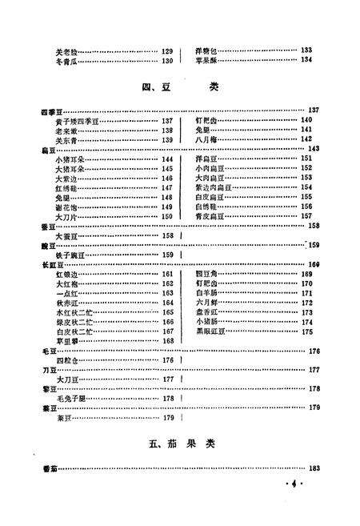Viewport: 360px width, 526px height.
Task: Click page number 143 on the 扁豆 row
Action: (314, 150)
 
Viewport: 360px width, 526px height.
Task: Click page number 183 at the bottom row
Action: (314, 468)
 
